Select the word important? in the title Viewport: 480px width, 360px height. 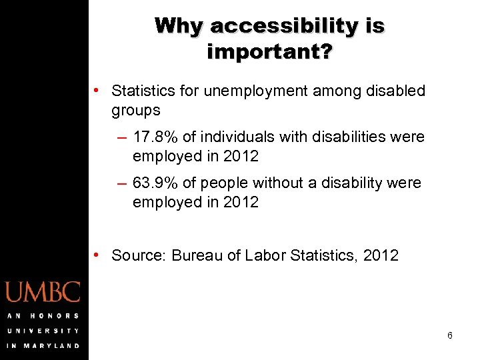pos(269,51)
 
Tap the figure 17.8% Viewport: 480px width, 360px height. pos(155,137)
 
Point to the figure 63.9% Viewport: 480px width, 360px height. pos(155,183)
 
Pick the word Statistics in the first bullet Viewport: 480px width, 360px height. pos(143,91)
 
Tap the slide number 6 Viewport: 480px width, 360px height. pos(450,335)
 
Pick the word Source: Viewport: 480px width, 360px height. pos(139,255)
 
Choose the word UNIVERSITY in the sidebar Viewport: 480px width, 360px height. pos(43,331)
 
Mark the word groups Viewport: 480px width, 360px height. pos(136,110)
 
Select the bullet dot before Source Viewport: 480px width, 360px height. pos(97,255)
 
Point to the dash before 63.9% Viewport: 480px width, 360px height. pos(121,183)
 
